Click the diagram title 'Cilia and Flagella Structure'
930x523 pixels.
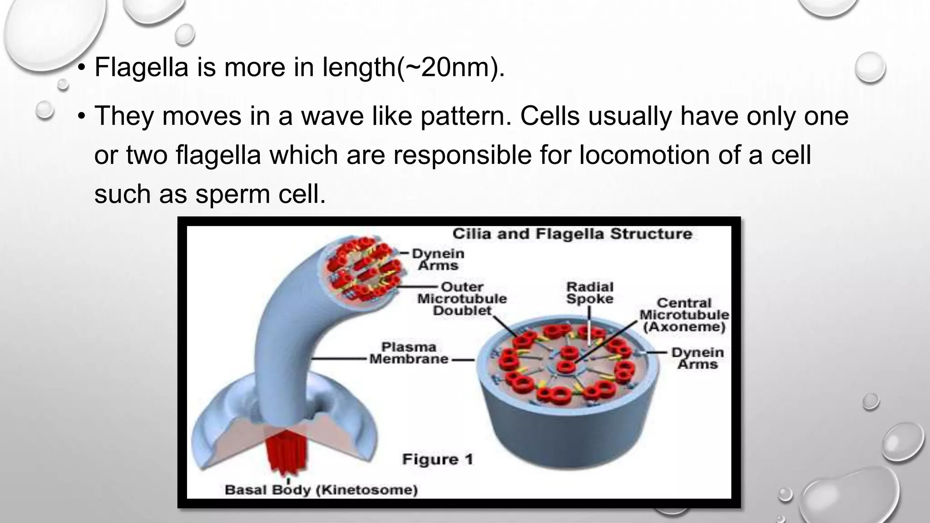pos(572,234)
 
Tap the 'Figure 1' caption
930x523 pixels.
pos(437,459)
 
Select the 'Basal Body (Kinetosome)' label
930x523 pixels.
pos(321,490)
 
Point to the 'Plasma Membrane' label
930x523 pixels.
pos(408,353)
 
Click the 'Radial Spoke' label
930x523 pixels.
pos(590,293)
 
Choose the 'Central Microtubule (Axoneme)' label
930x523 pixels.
pos(684,315)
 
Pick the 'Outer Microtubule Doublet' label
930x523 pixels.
pos(462,299)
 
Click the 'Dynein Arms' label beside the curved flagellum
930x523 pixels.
pos(438,259)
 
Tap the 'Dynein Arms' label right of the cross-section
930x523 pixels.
pos(697,358)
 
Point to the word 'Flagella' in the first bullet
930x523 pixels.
pos(141,67)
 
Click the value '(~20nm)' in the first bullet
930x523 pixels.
pos(451,67)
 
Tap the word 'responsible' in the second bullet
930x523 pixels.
pos(462,155)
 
